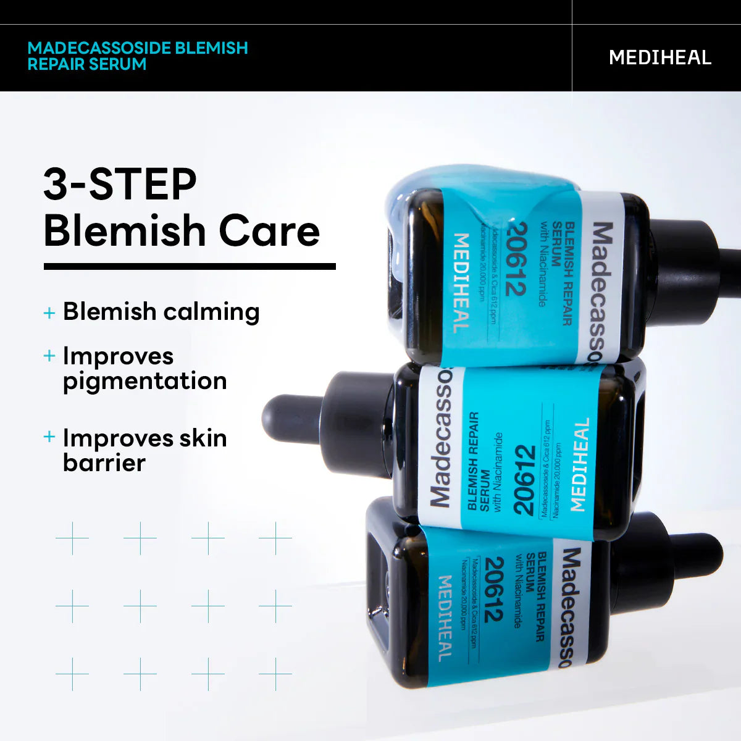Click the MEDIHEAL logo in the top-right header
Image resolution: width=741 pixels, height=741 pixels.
tap(659, 57)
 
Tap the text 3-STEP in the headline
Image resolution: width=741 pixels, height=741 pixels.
tap(120, 184)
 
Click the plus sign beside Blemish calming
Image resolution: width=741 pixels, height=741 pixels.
tap(49, 313)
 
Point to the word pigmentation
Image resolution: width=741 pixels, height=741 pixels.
tap(145, 382)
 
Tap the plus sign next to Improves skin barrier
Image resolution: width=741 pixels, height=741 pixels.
tap(49, 437)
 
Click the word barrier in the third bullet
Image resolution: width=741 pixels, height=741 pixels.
tap(104, 463)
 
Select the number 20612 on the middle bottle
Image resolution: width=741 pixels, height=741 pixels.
tap(524, 480)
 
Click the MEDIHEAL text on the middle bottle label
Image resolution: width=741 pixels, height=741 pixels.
tap(579, 465)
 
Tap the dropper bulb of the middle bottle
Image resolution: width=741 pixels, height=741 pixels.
tap(290, 418)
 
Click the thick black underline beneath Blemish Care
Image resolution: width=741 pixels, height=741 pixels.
tap(190, 267)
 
